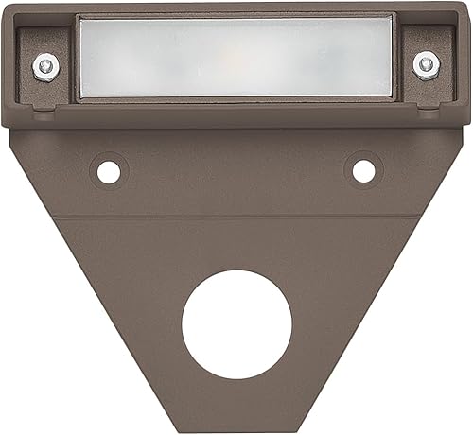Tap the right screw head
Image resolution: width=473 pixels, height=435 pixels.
click(x=428, y=64)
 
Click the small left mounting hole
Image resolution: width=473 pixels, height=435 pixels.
click(x=108, y=171)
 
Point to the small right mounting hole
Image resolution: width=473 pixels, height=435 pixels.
click(x=363, y=171)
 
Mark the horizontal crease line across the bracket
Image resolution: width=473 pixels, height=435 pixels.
click(x=236, y=217)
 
